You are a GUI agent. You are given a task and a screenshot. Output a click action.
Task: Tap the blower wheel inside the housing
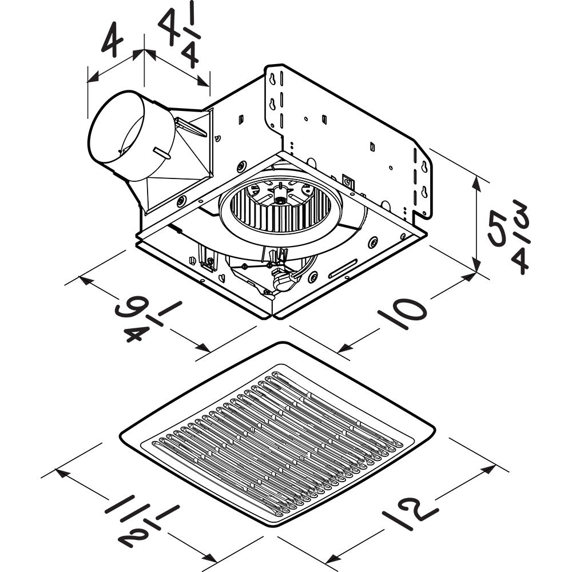point(280,208)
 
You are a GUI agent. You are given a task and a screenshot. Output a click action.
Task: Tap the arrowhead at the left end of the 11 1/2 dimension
point(61,472)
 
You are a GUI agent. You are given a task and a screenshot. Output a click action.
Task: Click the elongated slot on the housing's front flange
point(343,268)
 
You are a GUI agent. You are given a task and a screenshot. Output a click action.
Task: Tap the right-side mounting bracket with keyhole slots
point(420,183)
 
